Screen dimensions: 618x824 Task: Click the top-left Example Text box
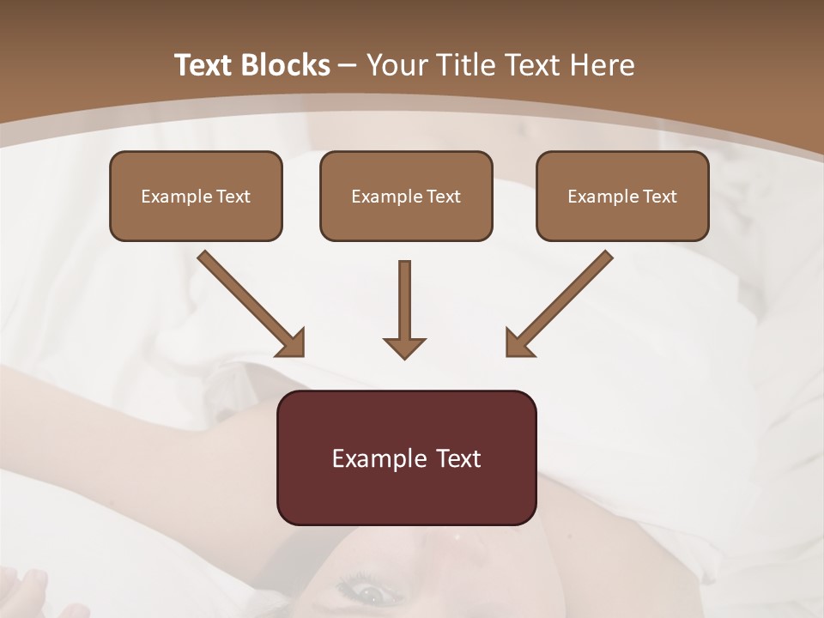(x=196, y=196)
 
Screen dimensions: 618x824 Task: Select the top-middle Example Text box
(x=406, y=196)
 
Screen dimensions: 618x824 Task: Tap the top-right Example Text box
(x=622, y=196)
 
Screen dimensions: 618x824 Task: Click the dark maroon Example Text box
(x=406, y=457)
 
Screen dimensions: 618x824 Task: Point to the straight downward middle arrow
(x=404, y=305)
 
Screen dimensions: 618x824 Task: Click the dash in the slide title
(x=348, y=65)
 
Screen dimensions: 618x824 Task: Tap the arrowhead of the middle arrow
(x=404, y=348)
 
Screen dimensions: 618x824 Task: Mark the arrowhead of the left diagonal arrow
(x=292, y=343)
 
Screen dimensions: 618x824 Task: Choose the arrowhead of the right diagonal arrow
(x=518, y=343)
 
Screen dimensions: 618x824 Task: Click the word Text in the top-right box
(x=660, y=196)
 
